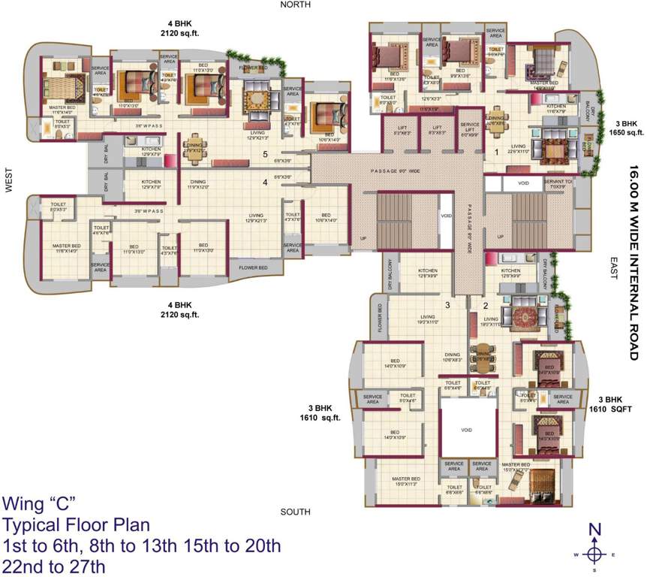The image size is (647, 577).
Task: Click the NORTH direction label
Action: (x=295, y=5)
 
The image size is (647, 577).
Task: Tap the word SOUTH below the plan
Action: (x=295, y=512)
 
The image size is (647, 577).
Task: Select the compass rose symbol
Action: (x=594, y=552)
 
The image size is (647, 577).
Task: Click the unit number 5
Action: (x=264, y=155)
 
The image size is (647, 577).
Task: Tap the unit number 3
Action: (x=447, y=305)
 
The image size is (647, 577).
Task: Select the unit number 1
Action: (x=497, y=151)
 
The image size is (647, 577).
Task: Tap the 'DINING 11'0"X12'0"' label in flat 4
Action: (x=198, y=184)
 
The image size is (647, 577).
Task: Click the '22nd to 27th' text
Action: (x=55, y=566)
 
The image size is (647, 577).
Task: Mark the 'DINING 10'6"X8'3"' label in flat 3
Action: (x=453, y=358)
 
